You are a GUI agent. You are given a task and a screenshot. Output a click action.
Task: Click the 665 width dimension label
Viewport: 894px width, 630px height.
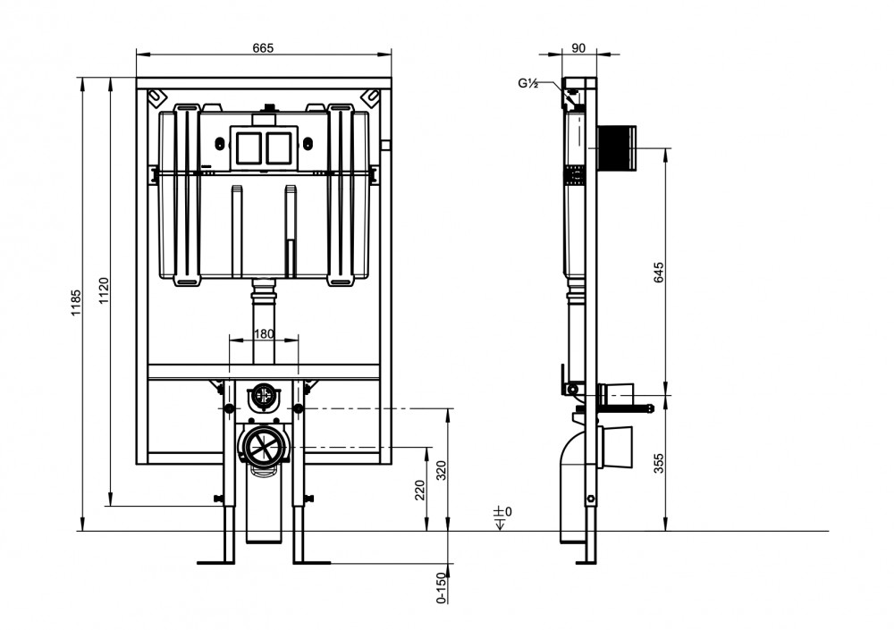pyautogui.click(x=263, y=47)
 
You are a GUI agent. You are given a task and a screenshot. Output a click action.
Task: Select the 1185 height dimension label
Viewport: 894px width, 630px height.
pyautogui.click(x=76, y=304)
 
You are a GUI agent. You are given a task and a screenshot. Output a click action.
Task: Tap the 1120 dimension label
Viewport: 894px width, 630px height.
pyautogui.click(x=104, y=290)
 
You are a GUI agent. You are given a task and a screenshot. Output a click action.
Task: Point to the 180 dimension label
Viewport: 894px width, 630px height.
pyautogui.click(x=264, y=333)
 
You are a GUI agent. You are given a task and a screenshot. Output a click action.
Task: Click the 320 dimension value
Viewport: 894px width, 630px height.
pyautogui.click(x=442, y=470)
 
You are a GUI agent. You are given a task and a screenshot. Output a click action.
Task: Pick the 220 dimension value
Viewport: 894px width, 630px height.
pyautogui.click(x=420, y=491)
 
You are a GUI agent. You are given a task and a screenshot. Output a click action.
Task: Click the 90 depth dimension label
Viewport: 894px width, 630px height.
pyautogui.click(x=578, y=48)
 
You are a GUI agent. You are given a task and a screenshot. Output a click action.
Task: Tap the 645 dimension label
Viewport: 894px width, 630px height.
pyautogui.click(x=659, y=273)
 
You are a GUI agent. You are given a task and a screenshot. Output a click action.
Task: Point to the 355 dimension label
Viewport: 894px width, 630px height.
pyautogui.click(x=659, y=464)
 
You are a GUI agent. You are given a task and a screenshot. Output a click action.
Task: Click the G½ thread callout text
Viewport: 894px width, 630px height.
pyautogui.click(x=528, y=83)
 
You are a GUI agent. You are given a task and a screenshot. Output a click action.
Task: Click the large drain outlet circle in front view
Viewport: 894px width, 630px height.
pyautogui.click(x=264, y=446)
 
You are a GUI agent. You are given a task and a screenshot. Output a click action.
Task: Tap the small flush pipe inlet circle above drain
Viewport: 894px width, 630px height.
pyautogui.click(x=264, y=396)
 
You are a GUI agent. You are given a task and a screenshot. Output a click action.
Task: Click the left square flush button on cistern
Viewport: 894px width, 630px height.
pyautogui.click(x=249, y=147)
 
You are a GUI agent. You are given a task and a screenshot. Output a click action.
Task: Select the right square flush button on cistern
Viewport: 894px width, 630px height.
pyautogui.click(x=278, y=147)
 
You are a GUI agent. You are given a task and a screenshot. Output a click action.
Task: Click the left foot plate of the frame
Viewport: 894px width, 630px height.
pyautogui.click(x=216, y=562)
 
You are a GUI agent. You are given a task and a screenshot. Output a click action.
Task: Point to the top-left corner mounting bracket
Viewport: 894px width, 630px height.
pyautogui.click(x=156, y=97)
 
